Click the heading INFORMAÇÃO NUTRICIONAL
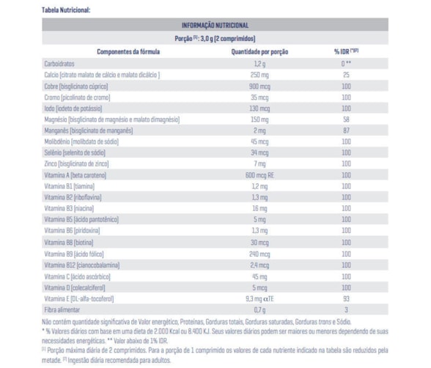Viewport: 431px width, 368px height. pos(215,25)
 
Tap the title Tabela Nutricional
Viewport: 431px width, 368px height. pos(66,10)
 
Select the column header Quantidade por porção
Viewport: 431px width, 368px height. pos(259,51)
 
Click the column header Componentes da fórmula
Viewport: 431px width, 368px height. pos(128,51)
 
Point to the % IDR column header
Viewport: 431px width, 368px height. pos(346,51)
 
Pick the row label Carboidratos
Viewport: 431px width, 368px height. pos(59,64)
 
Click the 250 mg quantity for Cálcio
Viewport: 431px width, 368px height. pos(259,75)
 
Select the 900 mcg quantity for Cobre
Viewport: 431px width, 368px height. pos(259,87)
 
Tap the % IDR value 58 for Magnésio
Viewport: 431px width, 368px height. pos(346,119)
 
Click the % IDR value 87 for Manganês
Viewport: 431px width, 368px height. pos(346,130)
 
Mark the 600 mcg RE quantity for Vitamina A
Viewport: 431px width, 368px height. pos(259,175)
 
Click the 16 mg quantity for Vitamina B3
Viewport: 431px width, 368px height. pos(259,209)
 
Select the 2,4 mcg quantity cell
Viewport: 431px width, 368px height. pos(259,265)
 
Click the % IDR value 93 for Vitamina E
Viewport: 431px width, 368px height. pos(346,299)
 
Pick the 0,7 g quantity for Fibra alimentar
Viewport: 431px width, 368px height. pos(259,310)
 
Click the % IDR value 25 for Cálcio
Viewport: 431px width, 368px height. pos(346,75)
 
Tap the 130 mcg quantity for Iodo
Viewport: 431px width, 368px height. pos(259,108)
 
